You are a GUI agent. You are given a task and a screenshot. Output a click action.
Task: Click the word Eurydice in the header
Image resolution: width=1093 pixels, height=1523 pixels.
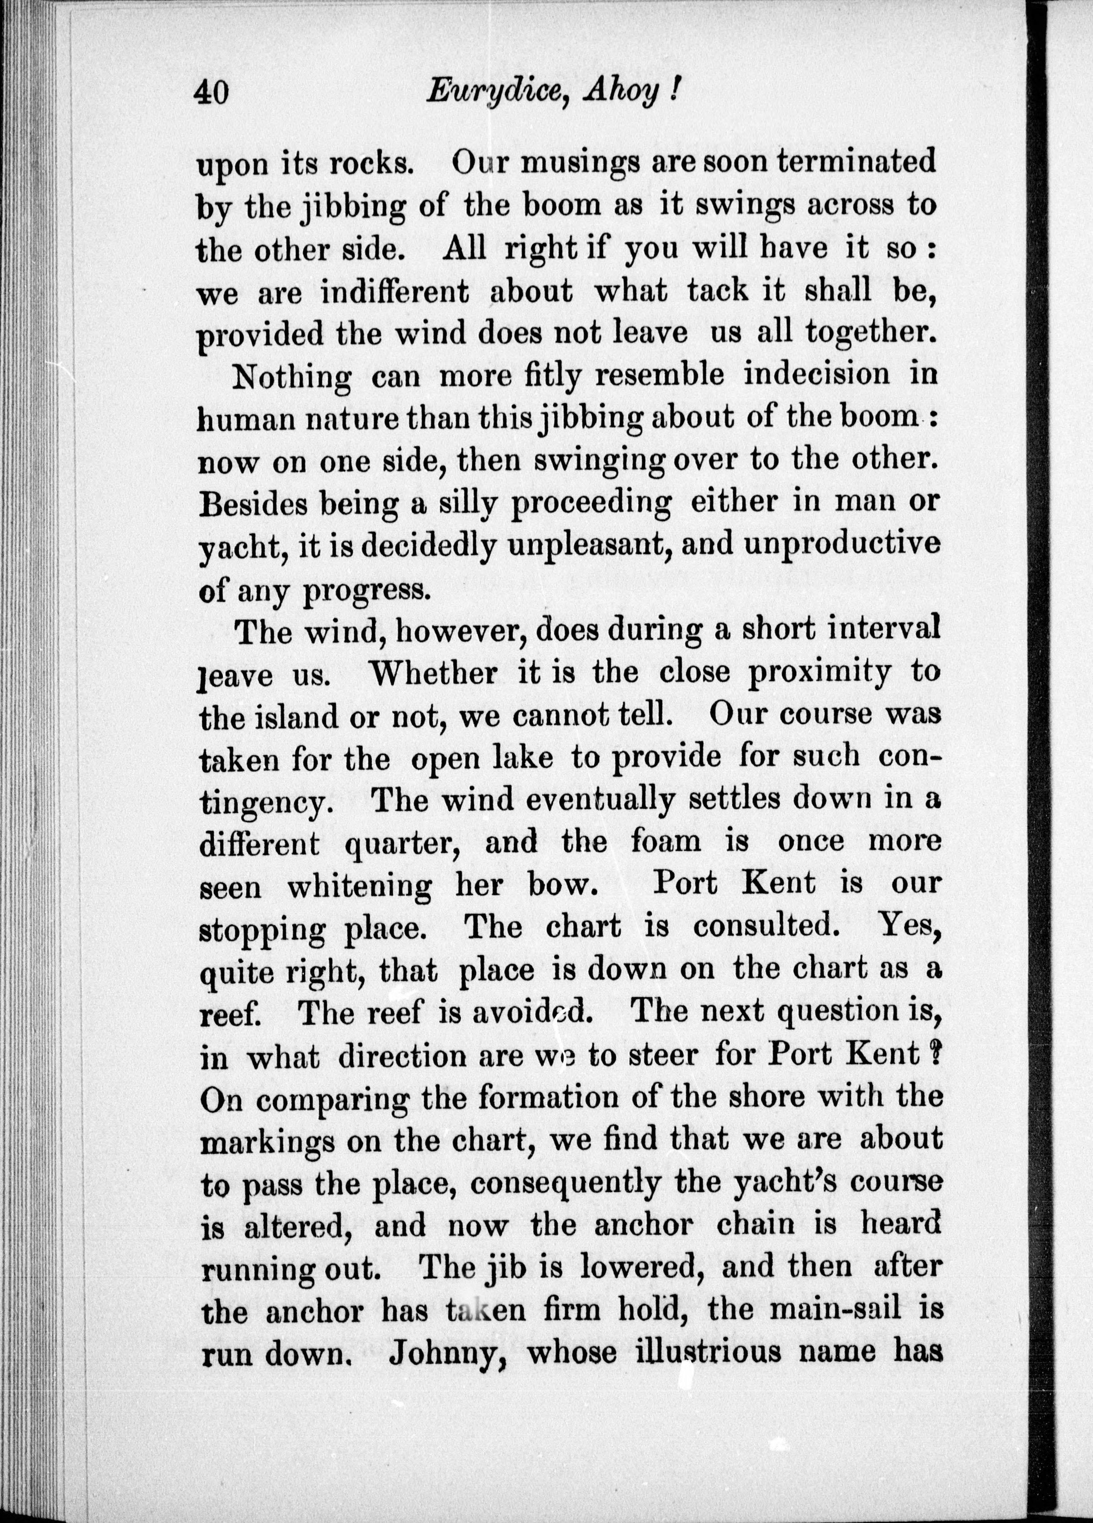pyautogui.click(x=495, y=92)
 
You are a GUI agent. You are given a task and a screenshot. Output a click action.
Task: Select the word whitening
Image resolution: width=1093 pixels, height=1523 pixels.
pyautogui.click(x=359, y=886)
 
